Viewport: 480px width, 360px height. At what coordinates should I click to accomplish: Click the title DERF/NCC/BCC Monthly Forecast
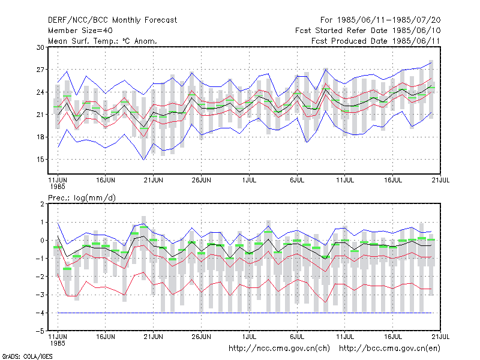click(112, 20)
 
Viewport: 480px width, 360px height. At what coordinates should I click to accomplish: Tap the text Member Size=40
click(80, 31)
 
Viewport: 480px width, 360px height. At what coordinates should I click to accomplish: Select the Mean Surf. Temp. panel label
click(102, 41)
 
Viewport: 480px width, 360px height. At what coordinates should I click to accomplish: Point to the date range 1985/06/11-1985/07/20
click(380, 20)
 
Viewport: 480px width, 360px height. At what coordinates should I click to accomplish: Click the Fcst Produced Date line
click(376, 41)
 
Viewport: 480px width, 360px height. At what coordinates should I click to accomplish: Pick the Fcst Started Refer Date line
click(368, 31)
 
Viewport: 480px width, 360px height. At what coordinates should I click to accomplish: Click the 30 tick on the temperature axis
click(40, 47)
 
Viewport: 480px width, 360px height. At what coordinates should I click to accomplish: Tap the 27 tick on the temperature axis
click(40, 70)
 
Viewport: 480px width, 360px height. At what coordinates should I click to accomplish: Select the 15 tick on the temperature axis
click(40, 160)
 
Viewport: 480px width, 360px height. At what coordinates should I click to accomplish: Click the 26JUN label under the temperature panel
click(201, 180)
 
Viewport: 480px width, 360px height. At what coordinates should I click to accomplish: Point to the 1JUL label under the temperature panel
click(249, 180)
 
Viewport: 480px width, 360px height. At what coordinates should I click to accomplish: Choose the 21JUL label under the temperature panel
click(440, 180)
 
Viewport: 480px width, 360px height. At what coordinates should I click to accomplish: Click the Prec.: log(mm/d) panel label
click(82, 198)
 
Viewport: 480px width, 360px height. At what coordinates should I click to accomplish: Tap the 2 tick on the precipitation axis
click(42, 204)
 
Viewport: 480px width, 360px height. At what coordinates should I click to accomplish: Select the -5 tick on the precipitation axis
click(40, 331)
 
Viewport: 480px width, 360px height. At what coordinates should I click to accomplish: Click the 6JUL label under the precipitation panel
click(297, 337)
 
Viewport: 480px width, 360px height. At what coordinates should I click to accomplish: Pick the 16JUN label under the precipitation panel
click(106, 337)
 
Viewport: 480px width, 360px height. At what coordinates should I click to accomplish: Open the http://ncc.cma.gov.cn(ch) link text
click(279, 349)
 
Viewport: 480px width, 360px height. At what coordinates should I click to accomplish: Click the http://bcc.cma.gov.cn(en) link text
click(389, 349)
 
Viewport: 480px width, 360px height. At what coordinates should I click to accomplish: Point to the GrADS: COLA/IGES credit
click(27, 356)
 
